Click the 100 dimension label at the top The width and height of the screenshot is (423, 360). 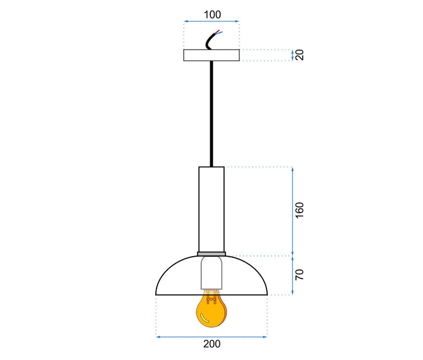[x=211, y=14]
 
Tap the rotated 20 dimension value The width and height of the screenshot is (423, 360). [x=300, y=55]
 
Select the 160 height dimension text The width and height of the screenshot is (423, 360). [x=300, y=210]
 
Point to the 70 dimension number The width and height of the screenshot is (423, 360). [x=300, y=275]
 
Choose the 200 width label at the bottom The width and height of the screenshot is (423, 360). [x=211, y=344]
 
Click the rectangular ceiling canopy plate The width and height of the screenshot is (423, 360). [x=211, y=55]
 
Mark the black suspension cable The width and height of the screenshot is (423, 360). [x=211, y=115]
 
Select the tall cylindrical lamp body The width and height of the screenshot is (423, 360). [x=211, y=208]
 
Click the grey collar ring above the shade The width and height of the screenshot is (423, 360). [x=211, y=254]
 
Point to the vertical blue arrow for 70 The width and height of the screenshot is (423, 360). [x=293, y=275]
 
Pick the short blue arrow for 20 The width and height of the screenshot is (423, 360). [x=293, y=55]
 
